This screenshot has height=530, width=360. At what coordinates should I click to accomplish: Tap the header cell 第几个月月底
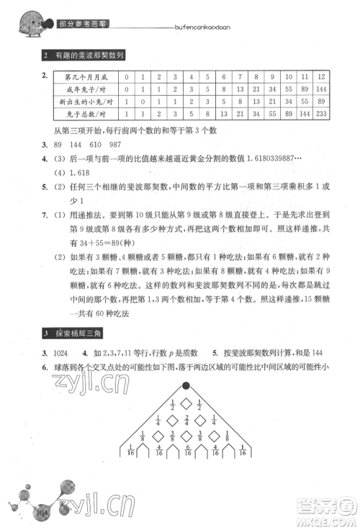84,76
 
